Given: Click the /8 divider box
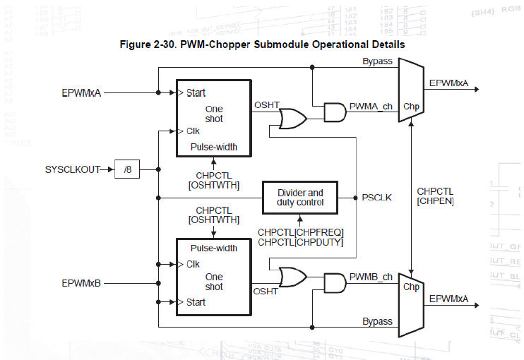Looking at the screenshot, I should point(128,169).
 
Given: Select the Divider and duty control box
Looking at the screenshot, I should point(300,197).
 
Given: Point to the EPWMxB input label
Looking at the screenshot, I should point(82,283).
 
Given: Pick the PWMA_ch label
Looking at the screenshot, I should point(371,106).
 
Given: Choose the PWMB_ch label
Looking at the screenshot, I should point(371,276).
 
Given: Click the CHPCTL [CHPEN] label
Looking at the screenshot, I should point(435,196).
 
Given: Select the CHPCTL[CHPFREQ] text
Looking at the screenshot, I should point(300,232).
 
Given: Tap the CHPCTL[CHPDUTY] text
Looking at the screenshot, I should point(300,242).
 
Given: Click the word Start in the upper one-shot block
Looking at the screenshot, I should point(196,93).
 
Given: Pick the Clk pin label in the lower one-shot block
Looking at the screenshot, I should point(193,264).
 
